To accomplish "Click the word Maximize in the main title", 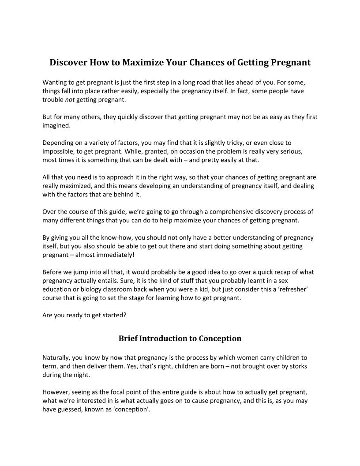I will tap(142, 62).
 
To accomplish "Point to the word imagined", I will tap(56, 125).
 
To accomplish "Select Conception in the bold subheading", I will tap(220, 338).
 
